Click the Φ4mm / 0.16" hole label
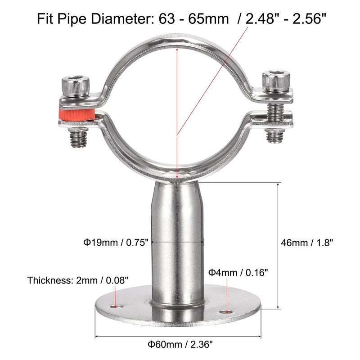click(238, 272)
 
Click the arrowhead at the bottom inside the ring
click(178, 176)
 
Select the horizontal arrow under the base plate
click(179, 336)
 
